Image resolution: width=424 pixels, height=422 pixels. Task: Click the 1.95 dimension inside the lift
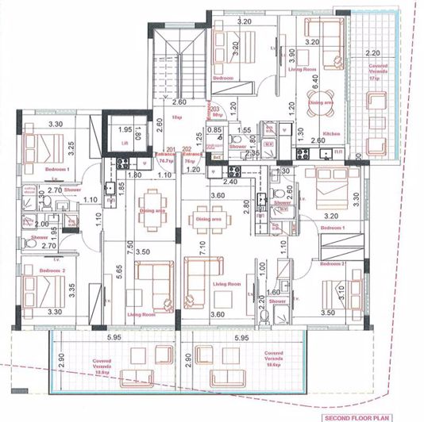(124, 129)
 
